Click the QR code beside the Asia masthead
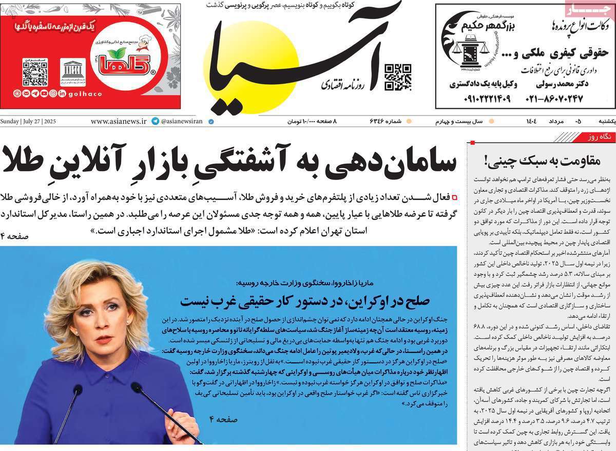(x=398, y=77)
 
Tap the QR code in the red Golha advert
(x=35, y=72)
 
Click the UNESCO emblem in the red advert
(x=73, y=72)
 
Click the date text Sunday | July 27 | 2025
(x=28, y=122)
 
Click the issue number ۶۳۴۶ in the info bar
(x=380, y=122)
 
